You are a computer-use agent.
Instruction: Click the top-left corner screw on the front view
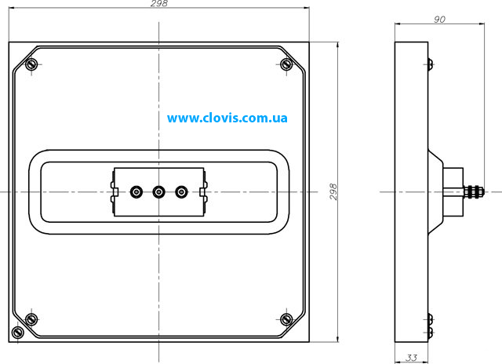pyautogui.click(x=31, y=64)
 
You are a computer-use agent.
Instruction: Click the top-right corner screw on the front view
pyautogui.click(x=286, y=64)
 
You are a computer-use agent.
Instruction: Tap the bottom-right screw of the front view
pyautogui.click(x=286, y=319)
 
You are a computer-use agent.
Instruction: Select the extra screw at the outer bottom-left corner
pyautogui.click(x=17, y=332)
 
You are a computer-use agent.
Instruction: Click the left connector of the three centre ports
pyautogui.click(x=136, y=192)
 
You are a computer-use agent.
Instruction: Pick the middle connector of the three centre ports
pyautogui.click(x=158, y=192)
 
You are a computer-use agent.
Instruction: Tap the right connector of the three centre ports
pyautogui.click(x=181, y=192)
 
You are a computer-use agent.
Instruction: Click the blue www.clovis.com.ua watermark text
pyautogui.click(x=227, y=118)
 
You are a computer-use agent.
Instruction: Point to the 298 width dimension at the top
pyautogui.click(x=159, y=3)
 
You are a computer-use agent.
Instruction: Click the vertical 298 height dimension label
pyautogui.click(x=333, y=191)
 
